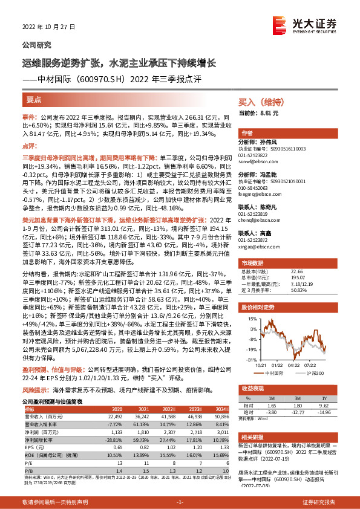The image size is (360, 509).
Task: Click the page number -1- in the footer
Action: (179, 502)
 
